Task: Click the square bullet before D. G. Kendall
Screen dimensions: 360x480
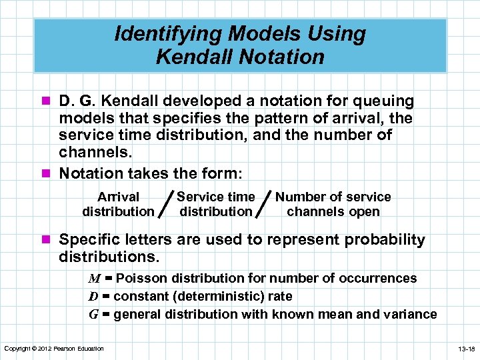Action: pyautogui.click(x=49, y=101)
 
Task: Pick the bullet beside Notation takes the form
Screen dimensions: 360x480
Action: pyautogui.click(x=49, y=173)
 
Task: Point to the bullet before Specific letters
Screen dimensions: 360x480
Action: pyautogui.click(x=49, y=240)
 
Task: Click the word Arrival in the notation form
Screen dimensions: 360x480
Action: pyautogui.click(x=118, y=197)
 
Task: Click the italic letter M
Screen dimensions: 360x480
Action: pyautogui.click(x=96, y=279)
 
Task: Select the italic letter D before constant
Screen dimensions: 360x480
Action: pyautogui.click(x=94, y=296)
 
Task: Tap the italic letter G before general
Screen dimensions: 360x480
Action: pyautogui.click(x=94, y=314)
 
